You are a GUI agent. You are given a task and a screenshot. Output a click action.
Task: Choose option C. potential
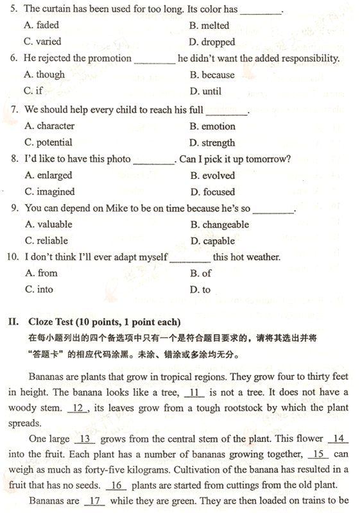click(48, 142)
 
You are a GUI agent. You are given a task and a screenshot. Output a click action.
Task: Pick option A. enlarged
click(48, 175)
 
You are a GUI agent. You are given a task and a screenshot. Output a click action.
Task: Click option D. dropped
click(212, 42)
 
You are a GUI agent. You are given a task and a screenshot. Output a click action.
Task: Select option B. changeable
click(219, 224)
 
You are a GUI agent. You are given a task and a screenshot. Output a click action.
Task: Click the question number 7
click(15, 110)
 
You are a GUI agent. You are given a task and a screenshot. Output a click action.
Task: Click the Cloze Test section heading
click(105, 321)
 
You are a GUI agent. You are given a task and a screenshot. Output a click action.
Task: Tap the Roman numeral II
click(13, 321)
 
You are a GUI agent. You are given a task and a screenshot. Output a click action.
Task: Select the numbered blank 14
click(338, 439)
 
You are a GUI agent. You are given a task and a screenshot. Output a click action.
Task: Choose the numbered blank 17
click(94, 501)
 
